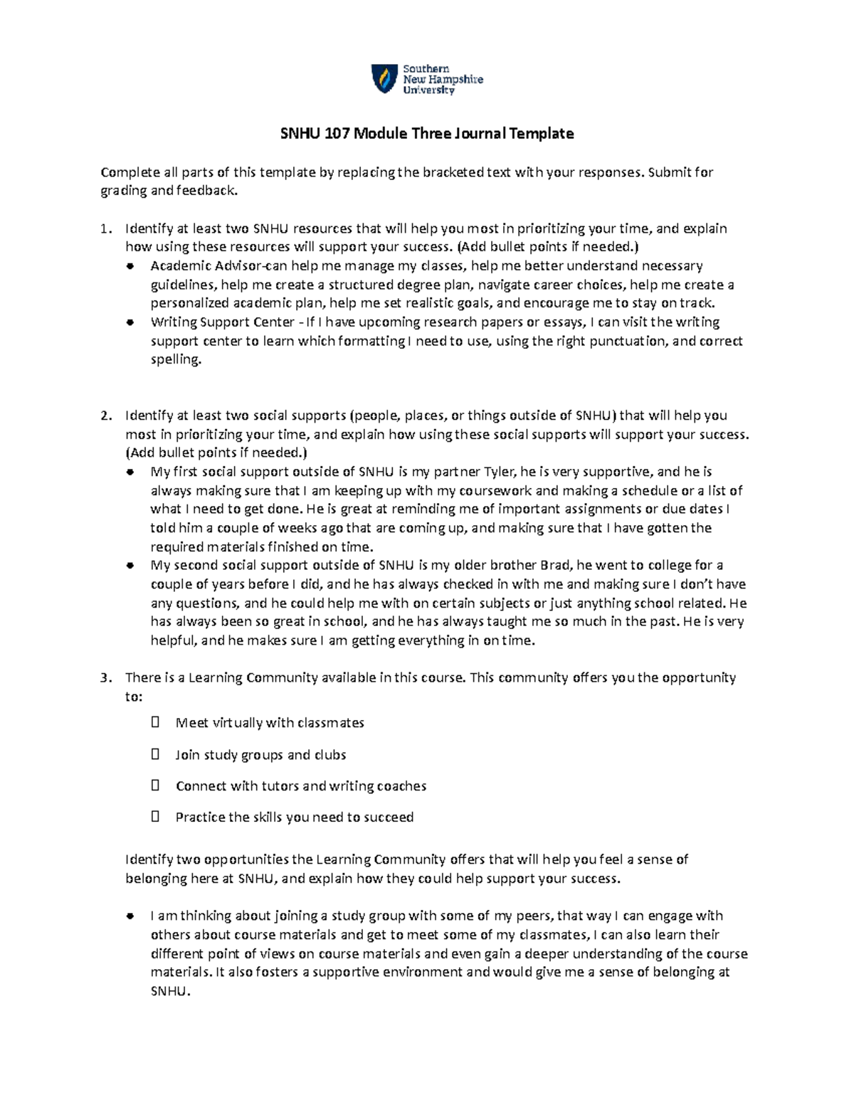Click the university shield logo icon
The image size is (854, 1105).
click(384, 78)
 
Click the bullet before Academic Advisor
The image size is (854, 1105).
click(130, 266)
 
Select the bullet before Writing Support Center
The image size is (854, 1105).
click(130, 322)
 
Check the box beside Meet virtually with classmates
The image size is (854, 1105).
click(156, 723)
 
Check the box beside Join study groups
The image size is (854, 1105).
click(156, 754)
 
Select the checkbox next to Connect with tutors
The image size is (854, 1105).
click(156, 786)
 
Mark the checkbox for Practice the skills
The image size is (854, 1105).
click(156, 817)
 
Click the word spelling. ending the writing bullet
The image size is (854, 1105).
click(176, 360)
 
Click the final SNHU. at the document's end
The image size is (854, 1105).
click(171, 991)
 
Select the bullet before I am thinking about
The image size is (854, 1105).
click(130, 916)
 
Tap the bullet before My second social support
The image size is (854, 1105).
click(130, 566)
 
